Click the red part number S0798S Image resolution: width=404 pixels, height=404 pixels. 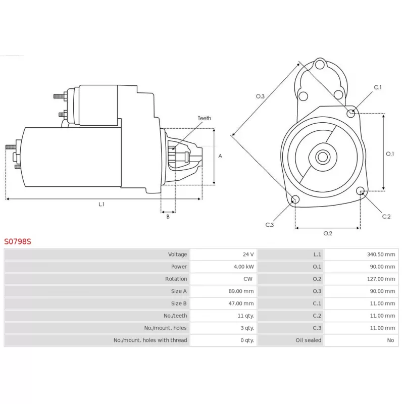click(x=18, y=241)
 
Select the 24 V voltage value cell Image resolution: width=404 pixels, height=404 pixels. click(x=248, y=254)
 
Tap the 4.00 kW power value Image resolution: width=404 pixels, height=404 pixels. click(x=244, y=267)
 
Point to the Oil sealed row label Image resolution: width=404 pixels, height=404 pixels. click(x=308, y=340)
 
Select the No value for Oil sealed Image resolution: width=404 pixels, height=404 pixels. click(x=390, y=340)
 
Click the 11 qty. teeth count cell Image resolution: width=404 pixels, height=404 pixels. click(x=246, y=316)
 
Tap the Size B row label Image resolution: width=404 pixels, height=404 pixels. click(x=179, y=304)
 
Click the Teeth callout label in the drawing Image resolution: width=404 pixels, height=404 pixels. click(x=204, y=118)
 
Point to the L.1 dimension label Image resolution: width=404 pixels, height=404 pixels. click(x=102, y=204)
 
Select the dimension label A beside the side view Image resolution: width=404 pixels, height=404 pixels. click(x=220, y=156)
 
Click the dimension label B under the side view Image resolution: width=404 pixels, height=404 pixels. click(x=168, y=217)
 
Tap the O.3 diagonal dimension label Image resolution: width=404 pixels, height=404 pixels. click(x=260, y=96)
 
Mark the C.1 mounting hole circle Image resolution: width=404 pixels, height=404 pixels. click(x=351, y=113)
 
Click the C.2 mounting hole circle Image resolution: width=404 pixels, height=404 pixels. click(x=361, y=191)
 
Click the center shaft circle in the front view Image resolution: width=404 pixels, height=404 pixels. click(x=322, y=157)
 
